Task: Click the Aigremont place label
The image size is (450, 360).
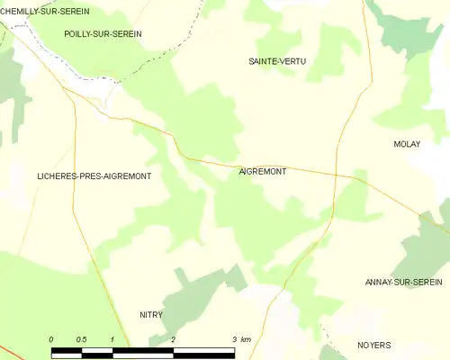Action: point(263,171)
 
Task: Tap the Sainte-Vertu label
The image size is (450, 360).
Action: point(277,61)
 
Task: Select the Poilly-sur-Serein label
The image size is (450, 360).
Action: point(103,33)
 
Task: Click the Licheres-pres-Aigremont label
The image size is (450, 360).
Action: point(94,176)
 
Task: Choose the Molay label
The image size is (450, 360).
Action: point(407,144)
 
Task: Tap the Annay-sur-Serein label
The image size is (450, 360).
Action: point(403,283)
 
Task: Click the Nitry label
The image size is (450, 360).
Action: point(150,315)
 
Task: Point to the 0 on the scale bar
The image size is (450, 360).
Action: point(51,339)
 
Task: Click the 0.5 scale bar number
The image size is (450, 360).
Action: point(81,339)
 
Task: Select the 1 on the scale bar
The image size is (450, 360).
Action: point(112,339)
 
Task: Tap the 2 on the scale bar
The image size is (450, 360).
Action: point(172,339)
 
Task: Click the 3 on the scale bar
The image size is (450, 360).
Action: point(233,339)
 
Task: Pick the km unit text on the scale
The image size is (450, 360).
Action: point(246,339)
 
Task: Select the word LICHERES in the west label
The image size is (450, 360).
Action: point(56,176)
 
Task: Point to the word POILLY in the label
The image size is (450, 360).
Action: point(79,33)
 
